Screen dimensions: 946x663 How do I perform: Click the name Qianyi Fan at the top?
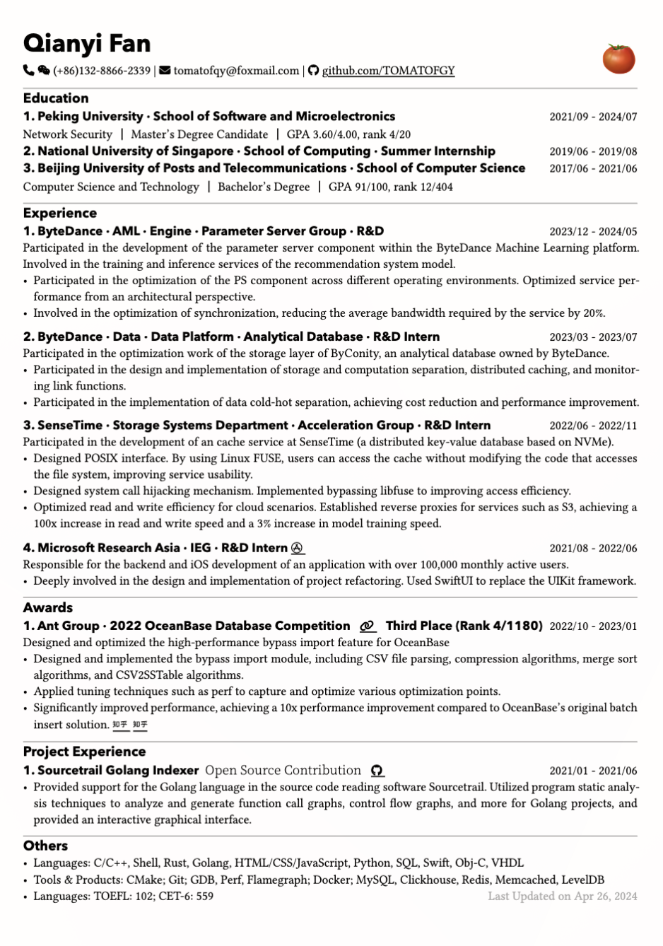point(87,44)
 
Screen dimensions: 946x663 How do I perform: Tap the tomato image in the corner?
point(618,59)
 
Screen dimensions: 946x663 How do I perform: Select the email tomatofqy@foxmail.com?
point(236,71)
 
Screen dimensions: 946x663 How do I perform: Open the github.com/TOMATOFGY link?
point(388,71)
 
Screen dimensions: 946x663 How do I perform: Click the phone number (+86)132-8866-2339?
point(102,71)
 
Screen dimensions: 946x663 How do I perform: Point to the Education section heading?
point(56,98)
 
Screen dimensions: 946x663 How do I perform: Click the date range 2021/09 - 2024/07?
point(593,117)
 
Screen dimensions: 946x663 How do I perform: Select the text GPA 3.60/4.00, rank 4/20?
point(348,134)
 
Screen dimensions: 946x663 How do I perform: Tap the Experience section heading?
point(60,213)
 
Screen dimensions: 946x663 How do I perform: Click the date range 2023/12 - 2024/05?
point(593,231)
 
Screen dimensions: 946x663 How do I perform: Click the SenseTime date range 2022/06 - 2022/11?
point(593,426)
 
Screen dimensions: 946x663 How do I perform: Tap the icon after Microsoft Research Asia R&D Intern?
point(298,548)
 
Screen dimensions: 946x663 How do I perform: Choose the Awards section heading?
point(48,607)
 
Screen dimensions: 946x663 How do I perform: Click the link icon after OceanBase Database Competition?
point(367,626)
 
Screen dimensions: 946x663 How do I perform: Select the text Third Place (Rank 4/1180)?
point(464,626)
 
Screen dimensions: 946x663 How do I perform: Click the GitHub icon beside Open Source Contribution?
point(377,771)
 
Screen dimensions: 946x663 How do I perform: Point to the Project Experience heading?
point(84,752)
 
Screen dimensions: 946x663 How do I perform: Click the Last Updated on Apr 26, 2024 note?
point(562,896)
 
